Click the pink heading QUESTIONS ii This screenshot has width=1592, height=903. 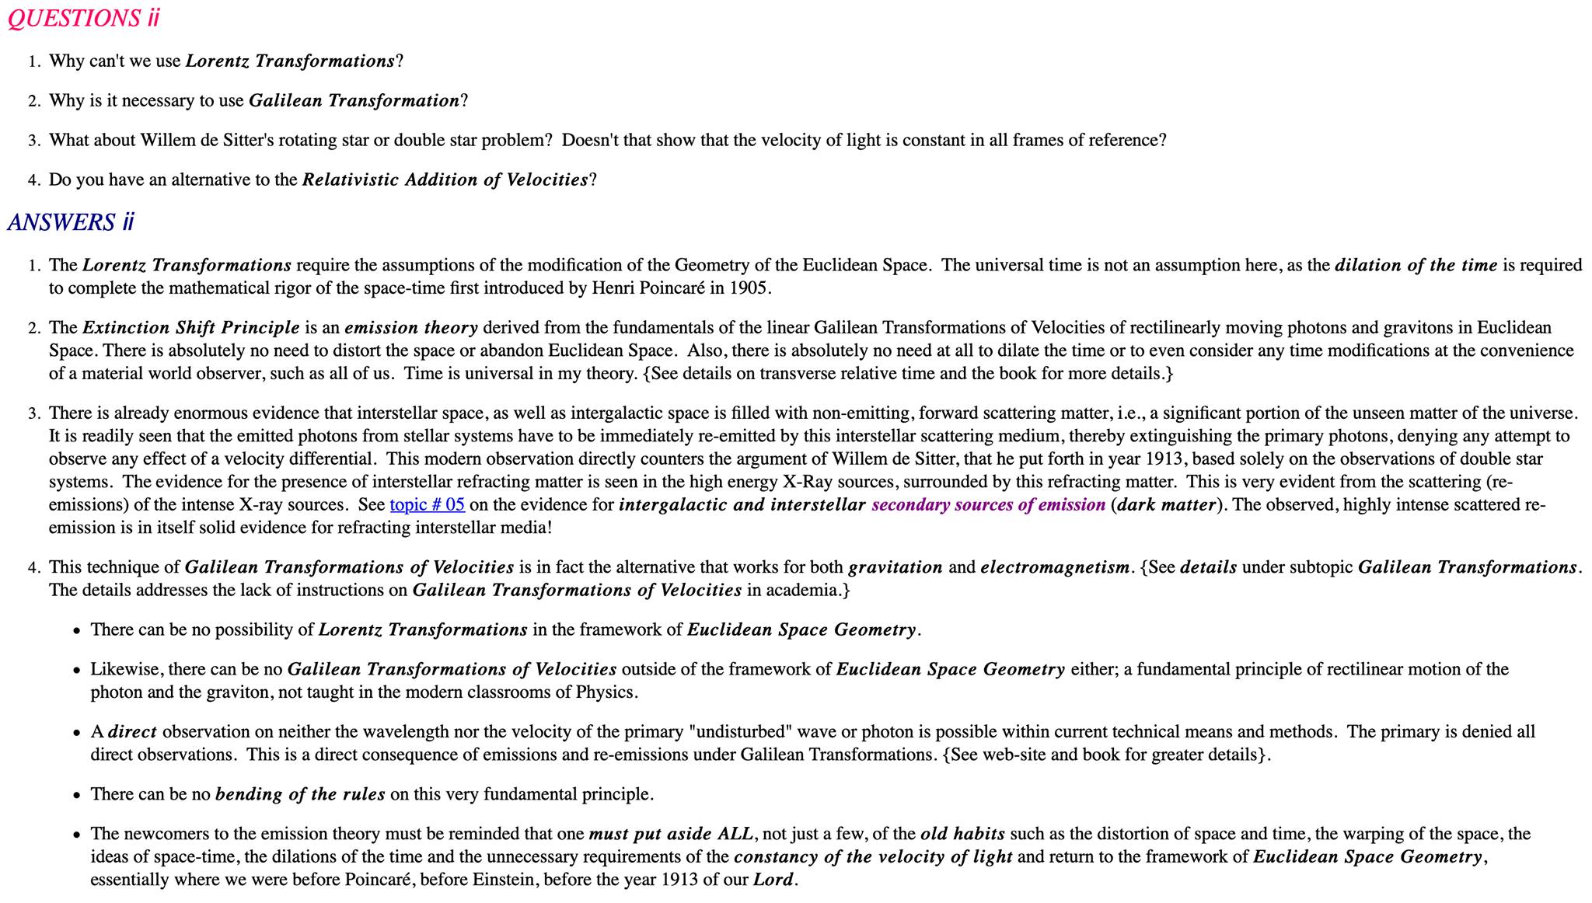pyautogui.click(x=83, y=18)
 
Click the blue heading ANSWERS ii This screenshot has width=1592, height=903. pyautogui.click(x=71, y=222)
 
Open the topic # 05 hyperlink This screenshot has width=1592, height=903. pyautogui.click(x=427, y=505)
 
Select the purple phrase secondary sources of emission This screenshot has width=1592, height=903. pyautogui.click(x=988, y=505)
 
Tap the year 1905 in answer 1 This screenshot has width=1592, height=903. pyautogui.click(x=749, y=288)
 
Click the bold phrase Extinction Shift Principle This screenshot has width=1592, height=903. pyautogui.click(x=191, y=328)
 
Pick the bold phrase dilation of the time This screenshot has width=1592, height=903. pyautogui.click(x=1416, y=265)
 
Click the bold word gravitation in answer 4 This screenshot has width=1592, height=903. pyautogui.click(x=895, y=567)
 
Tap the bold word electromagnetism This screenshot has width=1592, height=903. pyautogui.click(x=1055, y=567)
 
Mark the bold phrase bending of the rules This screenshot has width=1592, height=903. pyautogui.click(x=300, y=794)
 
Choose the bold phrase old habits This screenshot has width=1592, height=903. pyautogui.click(x=962, y=834)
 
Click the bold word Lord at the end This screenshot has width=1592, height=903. pyautogui.click(x=773, y=880)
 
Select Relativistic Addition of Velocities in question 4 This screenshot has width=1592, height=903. pyautogui.click(x=445, y=180)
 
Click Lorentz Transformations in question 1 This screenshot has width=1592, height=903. pyautogui.click(x=290, y=61)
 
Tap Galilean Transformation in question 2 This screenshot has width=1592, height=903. pyautogui.click(x=354, y=101)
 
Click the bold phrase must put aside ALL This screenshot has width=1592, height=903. pyautogui.click(x=671, y=834)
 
